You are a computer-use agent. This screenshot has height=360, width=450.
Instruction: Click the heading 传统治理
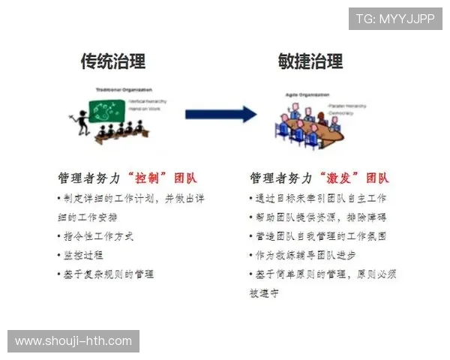pos(113,61)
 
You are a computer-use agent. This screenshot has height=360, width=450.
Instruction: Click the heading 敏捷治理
pos(310,61)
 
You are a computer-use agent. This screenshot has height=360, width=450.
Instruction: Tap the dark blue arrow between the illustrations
pos(220,114)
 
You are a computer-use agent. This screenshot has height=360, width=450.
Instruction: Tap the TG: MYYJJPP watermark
pos(394,19)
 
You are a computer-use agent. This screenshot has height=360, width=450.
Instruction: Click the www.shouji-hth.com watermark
pos(73,341)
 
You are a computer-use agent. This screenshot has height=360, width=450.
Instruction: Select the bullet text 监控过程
pos(80,255)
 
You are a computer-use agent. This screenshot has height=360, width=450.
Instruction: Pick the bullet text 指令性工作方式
pos(97,236)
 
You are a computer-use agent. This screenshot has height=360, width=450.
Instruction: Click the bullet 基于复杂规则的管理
pos(106,274)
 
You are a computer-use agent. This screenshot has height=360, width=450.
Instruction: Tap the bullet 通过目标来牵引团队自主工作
pos(319,198)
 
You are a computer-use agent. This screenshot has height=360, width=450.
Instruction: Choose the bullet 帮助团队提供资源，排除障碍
pos(319,217)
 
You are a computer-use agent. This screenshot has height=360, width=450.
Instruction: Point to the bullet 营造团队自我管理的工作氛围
pos(319,236)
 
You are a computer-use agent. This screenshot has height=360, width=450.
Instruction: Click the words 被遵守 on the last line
pos(264,293)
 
